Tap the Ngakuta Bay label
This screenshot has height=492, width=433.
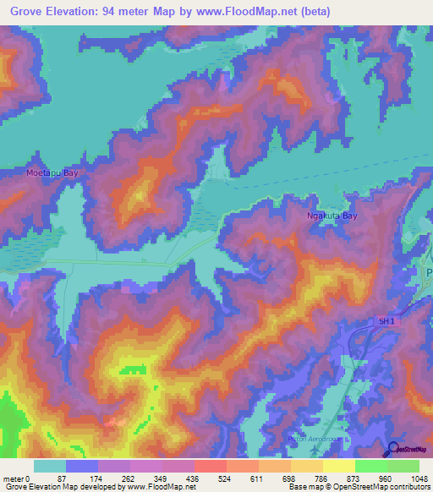pyautogui.click(x=332, y=216)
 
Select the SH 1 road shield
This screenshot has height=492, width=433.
pyautogui.click(x=385, y=320)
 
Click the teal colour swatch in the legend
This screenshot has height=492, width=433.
pyautogui.click(x=50, y=466)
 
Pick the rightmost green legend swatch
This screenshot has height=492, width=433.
pyautogui.click(x=403, y=466)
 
